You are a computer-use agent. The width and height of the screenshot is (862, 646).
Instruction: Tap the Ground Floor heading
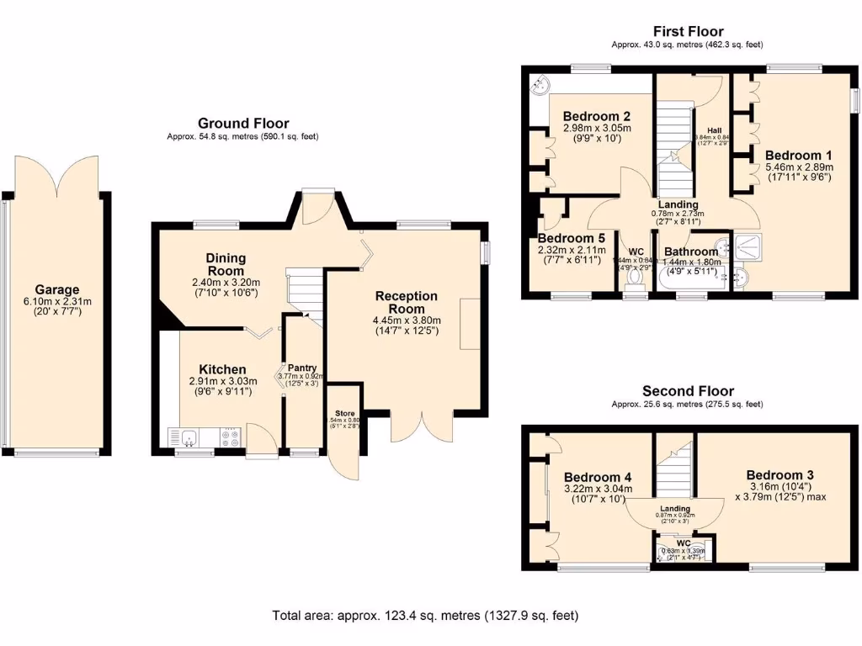[243, 123]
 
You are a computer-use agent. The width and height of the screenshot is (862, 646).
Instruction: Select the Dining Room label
[226, 264]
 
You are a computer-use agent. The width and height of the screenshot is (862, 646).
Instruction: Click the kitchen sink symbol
[188, 437]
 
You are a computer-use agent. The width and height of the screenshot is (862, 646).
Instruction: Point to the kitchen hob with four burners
[230, 437]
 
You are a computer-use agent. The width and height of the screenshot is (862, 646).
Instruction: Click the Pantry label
[302, 368]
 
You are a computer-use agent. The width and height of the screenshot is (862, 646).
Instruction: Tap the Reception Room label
[407, 302]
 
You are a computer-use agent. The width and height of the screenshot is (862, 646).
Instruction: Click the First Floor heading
[688, 32]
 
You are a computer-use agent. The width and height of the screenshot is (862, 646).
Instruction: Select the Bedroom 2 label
[597, 116]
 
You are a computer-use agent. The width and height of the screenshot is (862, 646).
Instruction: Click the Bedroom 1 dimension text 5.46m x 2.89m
[798, 167]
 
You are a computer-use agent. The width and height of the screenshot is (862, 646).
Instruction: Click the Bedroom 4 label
[598, 477]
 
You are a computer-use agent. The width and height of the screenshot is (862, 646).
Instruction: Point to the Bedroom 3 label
[780, 474]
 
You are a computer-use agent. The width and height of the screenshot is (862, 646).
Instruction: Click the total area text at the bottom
[425, 616]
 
